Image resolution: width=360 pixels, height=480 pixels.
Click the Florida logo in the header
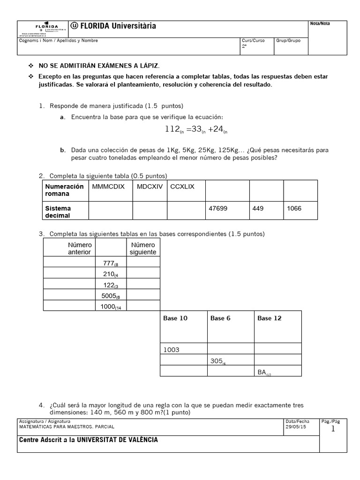[45, 29]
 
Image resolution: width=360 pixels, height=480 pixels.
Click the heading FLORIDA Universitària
[113, 26]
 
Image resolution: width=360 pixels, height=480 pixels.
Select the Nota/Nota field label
[320, 24]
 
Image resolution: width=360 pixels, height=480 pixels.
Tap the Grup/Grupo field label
[289, 41]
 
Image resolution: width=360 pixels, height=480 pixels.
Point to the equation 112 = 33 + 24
[196, 129]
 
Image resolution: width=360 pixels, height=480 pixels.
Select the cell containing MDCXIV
[149, 187]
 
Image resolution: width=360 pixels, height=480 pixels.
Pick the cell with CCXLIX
[182, 187]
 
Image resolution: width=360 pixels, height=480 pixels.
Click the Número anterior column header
[80, 248]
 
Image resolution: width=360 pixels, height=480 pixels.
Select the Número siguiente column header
[143, 248]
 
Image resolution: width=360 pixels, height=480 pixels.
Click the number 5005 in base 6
[111, 296]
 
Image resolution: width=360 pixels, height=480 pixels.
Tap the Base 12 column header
[270, 318]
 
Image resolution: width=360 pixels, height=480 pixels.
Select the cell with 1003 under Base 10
[172, 350]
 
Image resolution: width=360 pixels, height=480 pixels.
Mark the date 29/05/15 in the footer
[294, 427]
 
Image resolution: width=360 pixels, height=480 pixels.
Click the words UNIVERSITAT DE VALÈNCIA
[117, 440]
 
